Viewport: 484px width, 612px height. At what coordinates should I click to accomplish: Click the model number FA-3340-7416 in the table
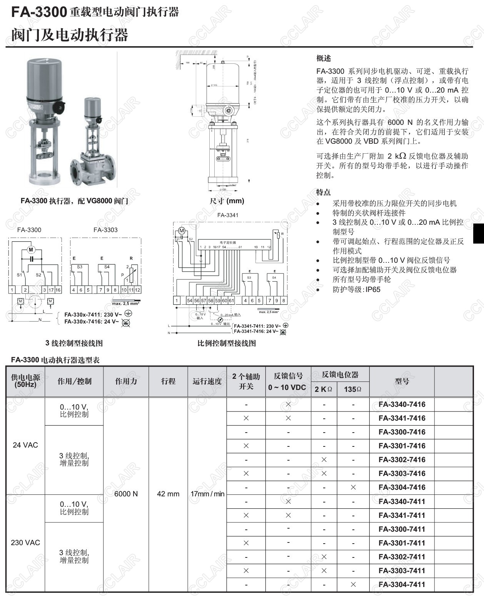(402, 404)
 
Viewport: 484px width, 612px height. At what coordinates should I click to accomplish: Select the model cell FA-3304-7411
(402, 584)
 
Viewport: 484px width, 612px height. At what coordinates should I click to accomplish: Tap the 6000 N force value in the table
(126, 494)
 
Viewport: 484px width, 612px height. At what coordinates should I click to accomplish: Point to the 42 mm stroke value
(168, 494)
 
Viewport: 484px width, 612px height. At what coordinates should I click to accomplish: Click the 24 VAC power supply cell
(25, 445)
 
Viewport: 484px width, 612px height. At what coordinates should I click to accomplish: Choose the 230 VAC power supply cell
(25, 542)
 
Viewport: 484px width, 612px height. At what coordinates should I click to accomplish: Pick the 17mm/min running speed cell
(207, 494)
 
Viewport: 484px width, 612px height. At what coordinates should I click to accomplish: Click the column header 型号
(402, 381)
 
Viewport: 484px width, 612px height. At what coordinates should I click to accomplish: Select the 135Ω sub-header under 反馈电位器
(353, 389)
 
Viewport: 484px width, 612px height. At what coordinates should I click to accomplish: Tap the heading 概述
(324, 58)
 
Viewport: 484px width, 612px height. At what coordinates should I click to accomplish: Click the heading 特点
(324, 192)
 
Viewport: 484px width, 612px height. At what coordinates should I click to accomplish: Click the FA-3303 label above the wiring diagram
(105, 230)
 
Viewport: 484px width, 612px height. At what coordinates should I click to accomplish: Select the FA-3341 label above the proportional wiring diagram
(227, 215)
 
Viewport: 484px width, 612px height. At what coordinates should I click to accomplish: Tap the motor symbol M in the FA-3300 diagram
(31, 250)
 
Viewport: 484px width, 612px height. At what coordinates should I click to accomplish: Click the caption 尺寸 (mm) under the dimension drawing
(227, 201)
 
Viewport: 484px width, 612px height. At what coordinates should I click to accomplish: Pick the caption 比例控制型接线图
(227, 343)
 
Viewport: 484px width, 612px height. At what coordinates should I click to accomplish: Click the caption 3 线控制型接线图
(74, 343)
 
